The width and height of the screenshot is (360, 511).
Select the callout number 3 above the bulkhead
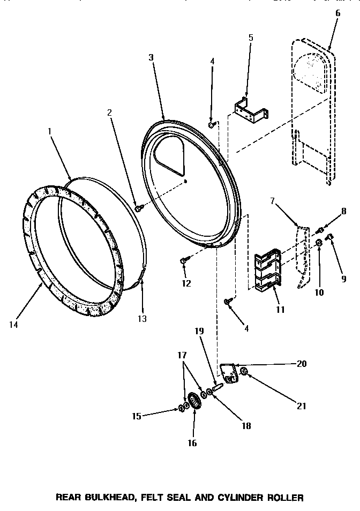click(152, 57)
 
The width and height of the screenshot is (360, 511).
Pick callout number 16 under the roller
click(192, 442)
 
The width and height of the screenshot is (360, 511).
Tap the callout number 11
click(281, 309)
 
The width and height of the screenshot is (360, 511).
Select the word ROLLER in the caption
click(286, 497)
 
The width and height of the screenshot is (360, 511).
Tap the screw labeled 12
click(183, 260)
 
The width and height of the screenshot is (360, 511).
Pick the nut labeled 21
click(244, 371)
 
